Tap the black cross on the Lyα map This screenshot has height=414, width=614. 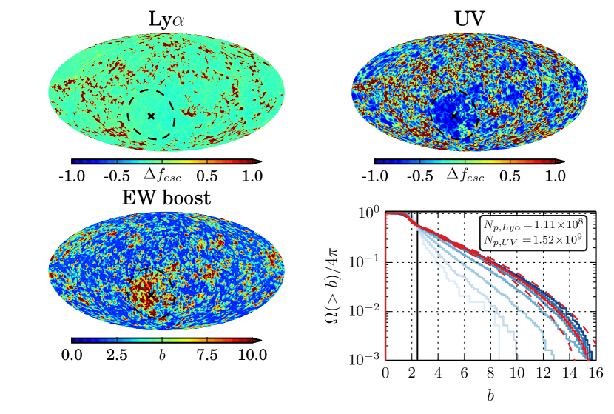[x=151, y=116]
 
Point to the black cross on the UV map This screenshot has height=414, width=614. [x=454, y=116]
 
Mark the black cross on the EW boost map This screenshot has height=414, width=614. [x=152, y=295]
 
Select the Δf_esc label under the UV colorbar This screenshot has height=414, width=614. [x=465, y=176]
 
